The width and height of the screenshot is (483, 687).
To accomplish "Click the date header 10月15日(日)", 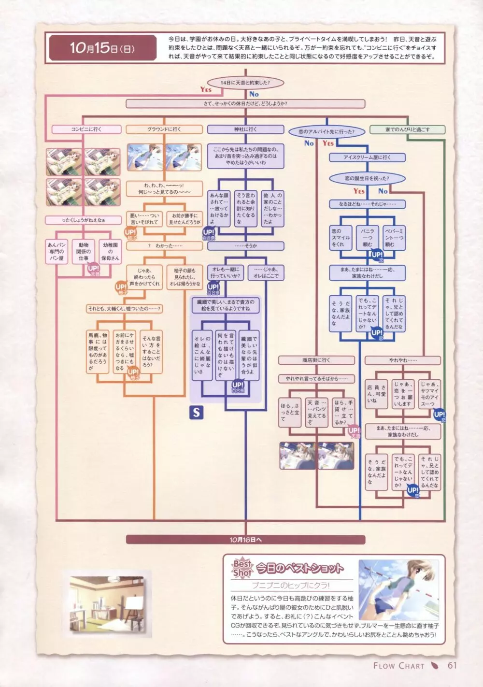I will pyautogui.click(x=101, y=49).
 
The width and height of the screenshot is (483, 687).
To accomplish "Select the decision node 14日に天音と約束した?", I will pyautogui.click(x=245, y=83).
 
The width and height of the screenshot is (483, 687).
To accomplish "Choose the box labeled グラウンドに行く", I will pyautogui.click(x=164, y=129).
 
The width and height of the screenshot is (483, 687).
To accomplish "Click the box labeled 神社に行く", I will pyautogui.click(x=245, y=129).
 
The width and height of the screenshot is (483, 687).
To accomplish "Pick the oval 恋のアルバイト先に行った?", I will pyautogui.click(x=326, y=131).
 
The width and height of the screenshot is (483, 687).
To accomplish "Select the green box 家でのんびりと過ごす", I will pyautogui.click(x=407, y=129).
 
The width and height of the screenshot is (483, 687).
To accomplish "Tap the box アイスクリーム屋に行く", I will pyautogui.click(x=367, y=157).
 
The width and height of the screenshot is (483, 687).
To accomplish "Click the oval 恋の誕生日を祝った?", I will pyautogui.click(x=367, y=178).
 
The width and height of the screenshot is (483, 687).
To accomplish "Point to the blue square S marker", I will pyautogui.click(x=196, y=412).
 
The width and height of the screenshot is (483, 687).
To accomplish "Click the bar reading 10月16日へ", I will pyautogui.click(x=245, y=539).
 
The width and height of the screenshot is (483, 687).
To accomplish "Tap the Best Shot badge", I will pyautogui.click(x=242, y=569).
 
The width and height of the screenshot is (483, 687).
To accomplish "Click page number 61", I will pyautogui.click(x=452, y=665).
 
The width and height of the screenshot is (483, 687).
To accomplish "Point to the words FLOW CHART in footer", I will pyautogui.click(x=398, y=666).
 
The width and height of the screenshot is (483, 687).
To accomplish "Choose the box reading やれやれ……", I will pyautogui.click(x=402, y=360).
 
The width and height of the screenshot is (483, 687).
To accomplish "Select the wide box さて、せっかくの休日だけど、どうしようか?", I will pyautogui.click(x=245, y=103).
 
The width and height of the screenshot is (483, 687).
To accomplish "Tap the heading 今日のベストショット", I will pyautogui.click(x=299, y=568).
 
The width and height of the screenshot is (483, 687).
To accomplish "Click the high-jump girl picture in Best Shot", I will pyautogui.click(x=398, y=589).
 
